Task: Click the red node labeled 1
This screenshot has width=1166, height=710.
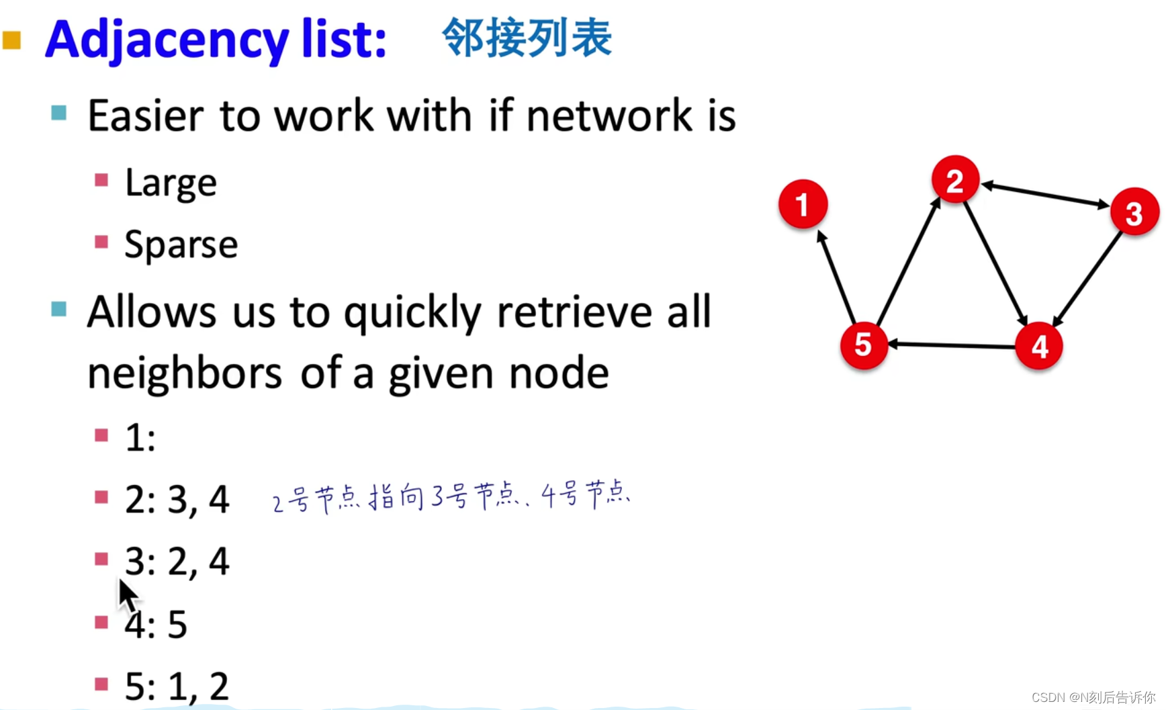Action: (x=803, y=204)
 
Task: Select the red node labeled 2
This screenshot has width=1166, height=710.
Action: (x=955, y=180)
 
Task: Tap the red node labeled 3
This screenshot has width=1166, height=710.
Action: (x=1134, y=212)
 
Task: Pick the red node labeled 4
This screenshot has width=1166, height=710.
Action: (x=1039, y=346)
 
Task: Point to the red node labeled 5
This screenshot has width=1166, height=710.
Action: (x=864, y=345)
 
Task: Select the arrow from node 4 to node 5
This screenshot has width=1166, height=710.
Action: (x=951, y=345)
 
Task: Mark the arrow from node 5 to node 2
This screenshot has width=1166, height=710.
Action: (x=909, y=262)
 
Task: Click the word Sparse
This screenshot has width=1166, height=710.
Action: (x=181, y=245)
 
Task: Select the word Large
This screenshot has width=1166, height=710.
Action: (x=171, y=183)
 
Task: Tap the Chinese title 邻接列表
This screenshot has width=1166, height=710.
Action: (x=527, y=38)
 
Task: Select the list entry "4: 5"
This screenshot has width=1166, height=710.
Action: (x=156, y=624)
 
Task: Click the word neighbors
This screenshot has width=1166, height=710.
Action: (x=185, y=373)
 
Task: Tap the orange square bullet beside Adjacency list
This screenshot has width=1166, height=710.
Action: (x=12, y=40)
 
